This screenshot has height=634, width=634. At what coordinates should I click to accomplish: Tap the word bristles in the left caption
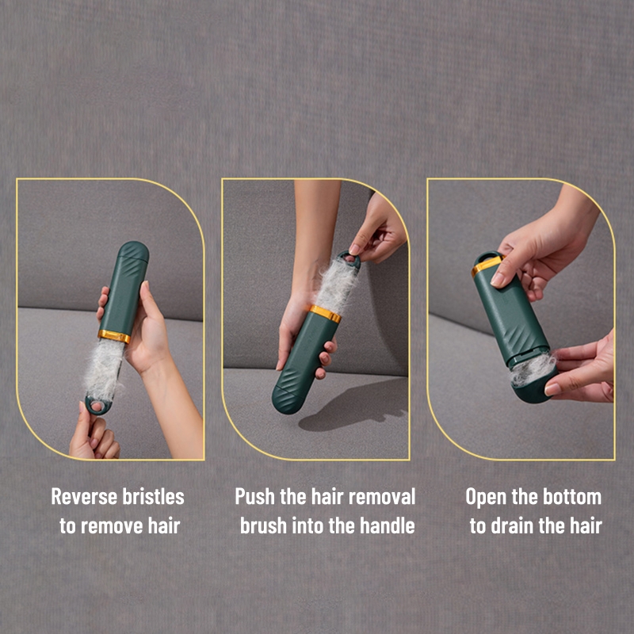153,497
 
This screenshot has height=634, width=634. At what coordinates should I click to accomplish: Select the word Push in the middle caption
254,497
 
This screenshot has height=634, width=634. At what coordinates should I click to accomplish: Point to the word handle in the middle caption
388,525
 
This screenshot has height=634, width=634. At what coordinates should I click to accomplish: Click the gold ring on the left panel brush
114,336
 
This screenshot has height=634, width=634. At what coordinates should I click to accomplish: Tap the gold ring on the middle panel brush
325,314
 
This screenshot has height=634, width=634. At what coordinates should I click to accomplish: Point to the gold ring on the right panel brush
487,265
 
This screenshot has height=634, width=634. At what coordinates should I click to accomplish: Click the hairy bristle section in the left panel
104,369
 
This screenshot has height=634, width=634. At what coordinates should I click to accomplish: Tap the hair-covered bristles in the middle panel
336,285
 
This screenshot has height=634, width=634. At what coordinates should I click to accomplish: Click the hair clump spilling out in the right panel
532,369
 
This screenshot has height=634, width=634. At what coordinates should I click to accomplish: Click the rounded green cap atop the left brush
134,250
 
